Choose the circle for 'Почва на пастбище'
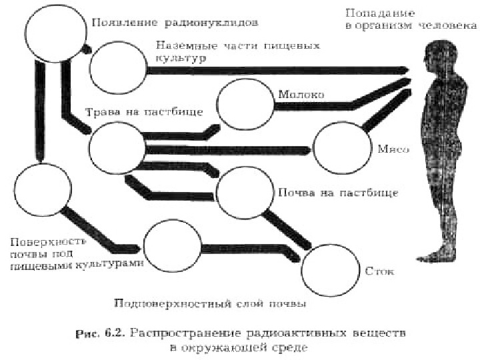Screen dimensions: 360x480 (x=245, y=193)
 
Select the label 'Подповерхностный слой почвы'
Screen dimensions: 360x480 (x=210, y=304)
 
